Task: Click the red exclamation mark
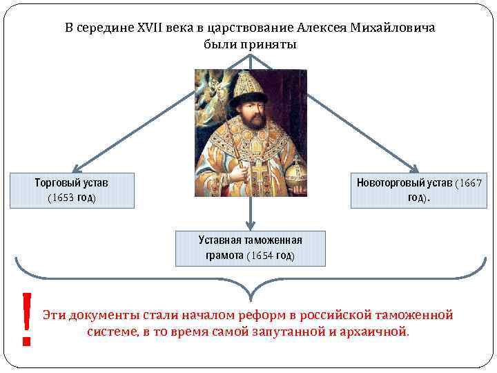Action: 27,318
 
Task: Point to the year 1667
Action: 471,183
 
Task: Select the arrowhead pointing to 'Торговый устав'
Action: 78,168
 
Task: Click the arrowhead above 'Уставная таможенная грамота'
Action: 251,224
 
